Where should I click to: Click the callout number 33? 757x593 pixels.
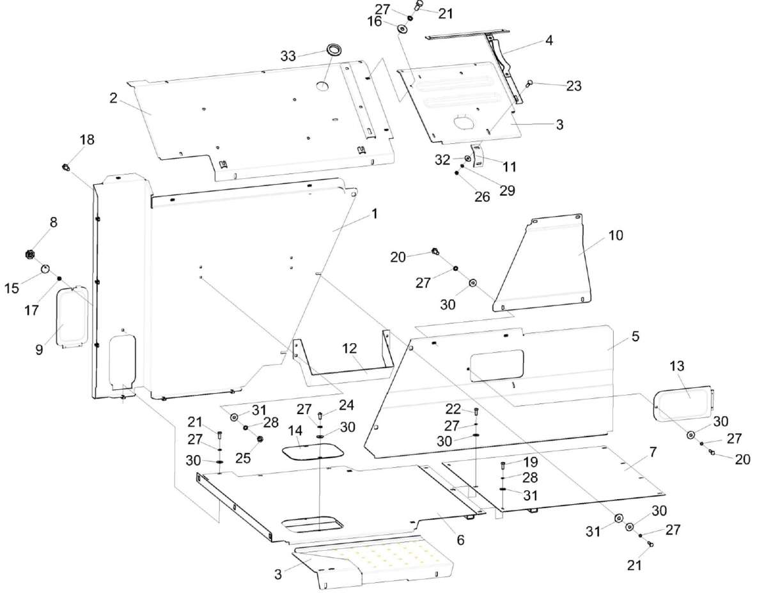pyautogui.click(x=288, y=56)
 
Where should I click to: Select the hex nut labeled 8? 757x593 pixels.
pyautogui.click(x=29, y=255)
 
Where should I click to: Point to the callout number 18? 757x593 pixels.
pyautogui.click(x=86, y=140)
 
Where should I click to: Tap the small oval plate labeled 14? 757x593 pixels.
pyautogui.click(x=312, y=452)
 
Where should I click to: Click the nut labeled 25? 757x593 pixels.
pyautogui.click(x=260, y=439)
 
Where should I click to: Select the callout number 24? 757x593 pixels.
pyautogui.click(x=345, y=404)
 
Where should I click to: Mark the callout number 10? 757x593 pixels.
pyautogui.click(x=615, y=235)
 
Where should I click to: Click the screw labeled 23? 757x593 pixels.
pyautogui.click(x=530, y=84)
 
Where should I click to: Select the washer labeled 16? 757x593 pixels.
pyautogui.click(x=404, y=29)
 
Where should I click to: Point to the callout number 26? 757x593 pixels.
pyautogui.click(x=482, y=197)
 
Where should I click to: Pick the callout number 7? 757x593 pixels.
pyautogui.click(x=652, y=452)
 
